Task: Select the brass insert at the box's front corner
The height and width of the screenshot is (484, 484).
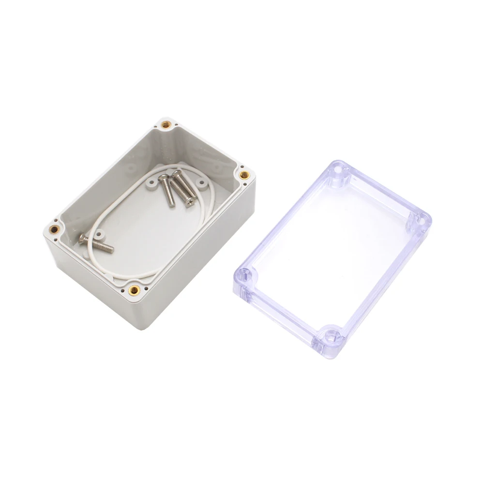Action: pos(134,290)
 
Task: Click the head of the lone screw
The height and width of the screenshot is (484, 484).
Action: pos(83,238)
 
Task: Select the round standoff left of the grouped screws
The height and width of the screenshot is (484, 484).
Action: pos(152,183)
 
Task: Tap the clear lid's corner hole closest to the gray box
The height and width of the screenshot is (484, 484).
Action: pos(251,276)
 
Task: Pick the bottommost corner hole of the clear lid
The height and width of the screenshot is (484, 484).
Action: pos(332,334)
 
